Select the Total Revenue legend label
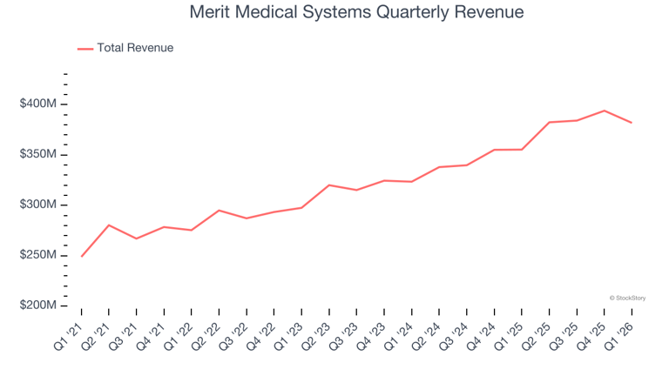pos(135,48)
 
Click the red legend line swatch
pos(85,49)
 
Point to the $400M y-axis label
pos(38,104)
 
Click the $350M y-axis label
pos(38,153)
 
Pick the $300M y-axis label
pos(38,205)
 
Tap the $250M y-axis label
pos(38,254)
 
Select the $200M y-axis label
pos(38,305)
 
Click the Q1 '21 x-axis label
pos(68,337)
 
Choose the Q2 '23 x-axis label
pos(315,337)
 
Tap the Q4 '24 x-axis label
pos(481,337)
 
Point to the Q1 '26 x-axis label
pos(618,337)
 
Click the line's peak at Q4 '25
pos(605,111)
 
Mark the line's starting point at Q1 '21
pos(82,256)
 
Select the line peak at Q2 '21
pos(109,225)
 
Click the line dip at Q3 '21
pos(137,238)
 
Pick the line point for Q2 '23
pos(329,185)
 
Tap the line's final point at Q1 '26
pos(632,123)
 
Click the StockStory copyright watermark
pos(627,298)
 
